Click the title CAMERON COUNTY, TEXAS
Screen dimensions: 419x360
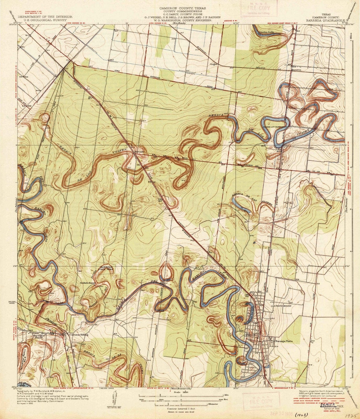(x=182, y=8)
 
